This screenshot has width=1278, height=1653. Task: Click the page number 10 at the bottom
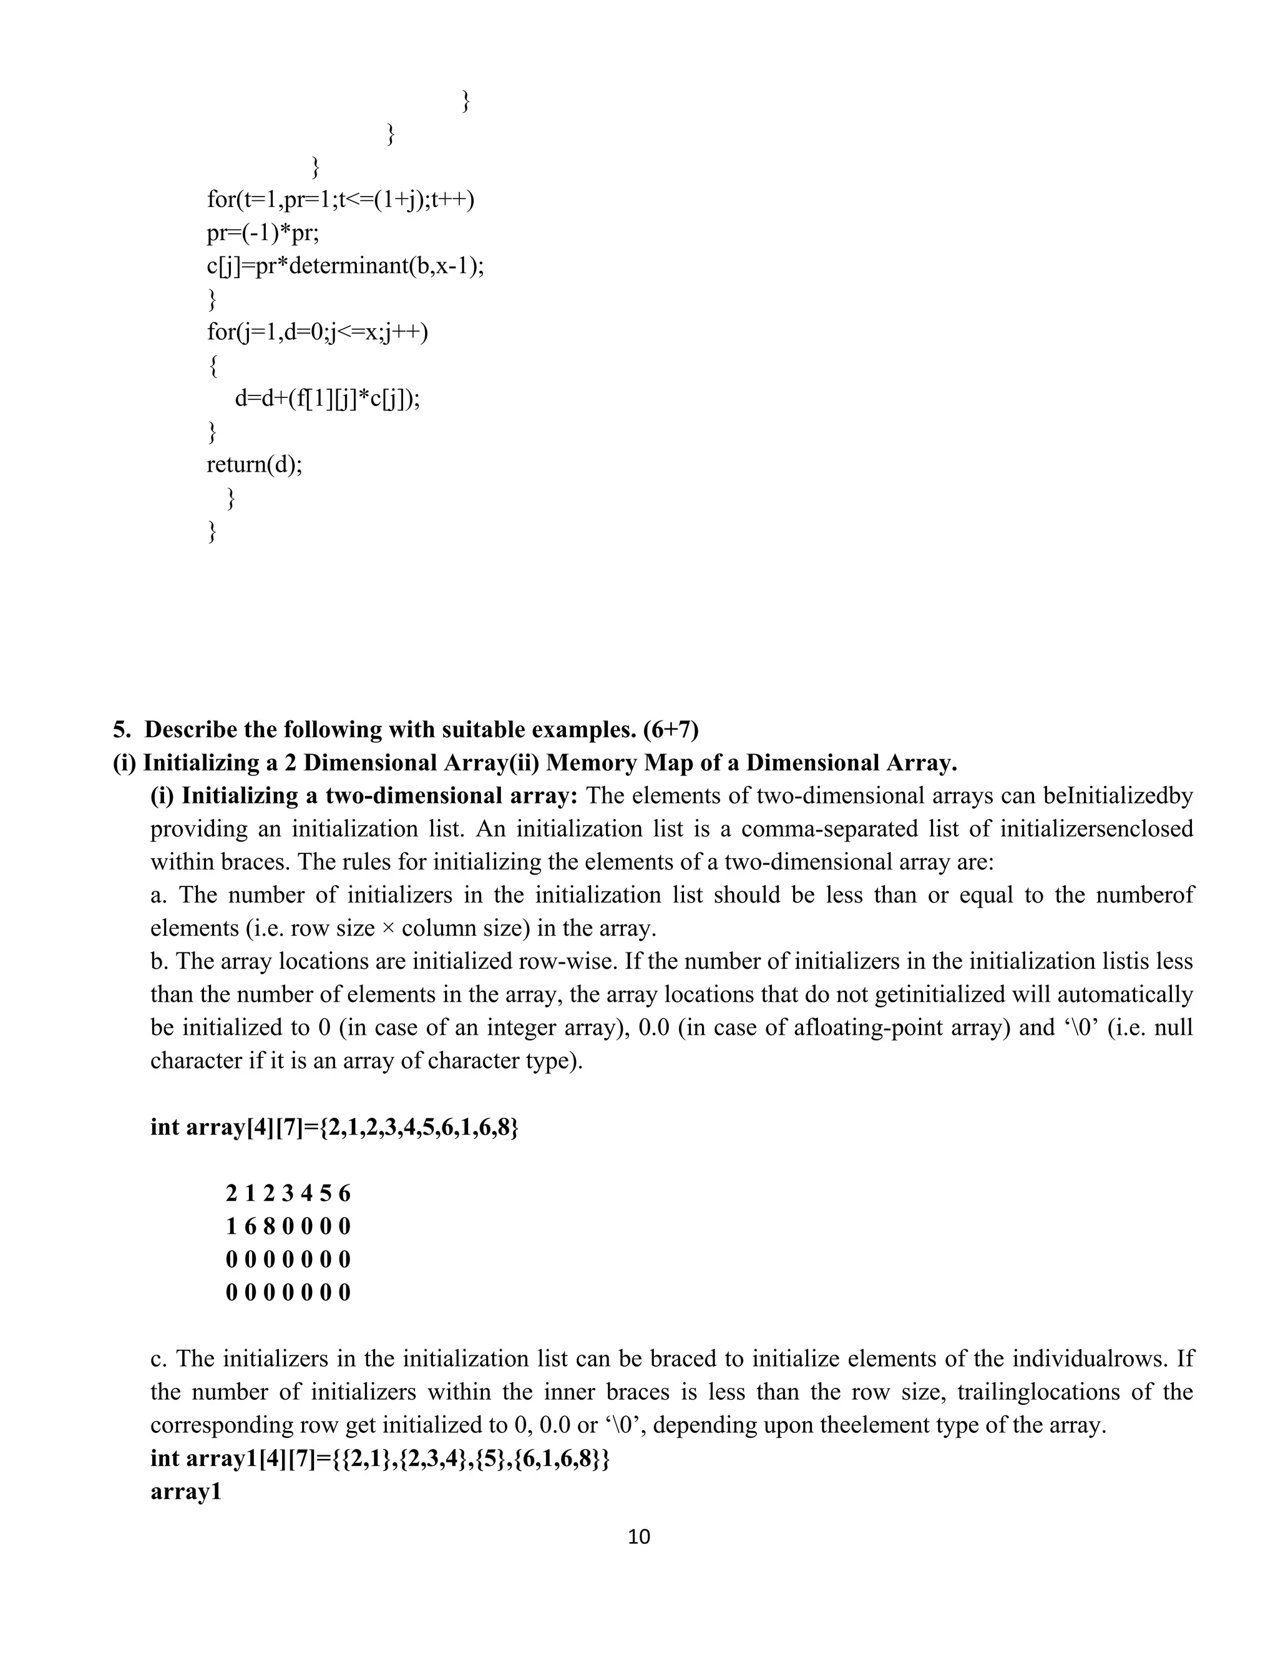point(639,1536)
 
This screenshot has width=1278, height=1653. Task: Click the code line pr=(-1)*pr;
point(263,233)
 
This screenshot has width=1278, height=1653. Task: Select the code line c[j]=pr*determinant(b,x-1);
point(344,266)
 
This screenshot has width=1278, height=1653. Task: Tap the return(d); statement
point(255,464)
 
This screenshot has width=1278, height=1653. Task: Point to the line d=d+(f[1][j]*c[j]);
point(327,398)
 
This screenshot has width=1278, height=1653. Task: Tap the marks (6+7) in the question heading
point(670,730)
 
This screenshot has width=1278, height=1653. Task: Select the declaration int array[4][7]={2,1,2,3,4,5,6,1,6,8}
point(334,1127)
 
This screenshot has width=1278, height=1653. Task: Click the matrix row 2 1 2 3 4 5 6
point(288,1193)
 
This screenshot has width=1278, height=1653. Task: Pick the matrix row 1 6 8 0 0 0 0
point(288,1226)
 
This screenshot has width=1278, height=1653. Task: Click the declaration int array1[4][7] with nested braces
point(380,1458)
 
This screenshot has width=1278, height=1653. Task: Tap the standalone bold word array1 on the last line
point(185,1492)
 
